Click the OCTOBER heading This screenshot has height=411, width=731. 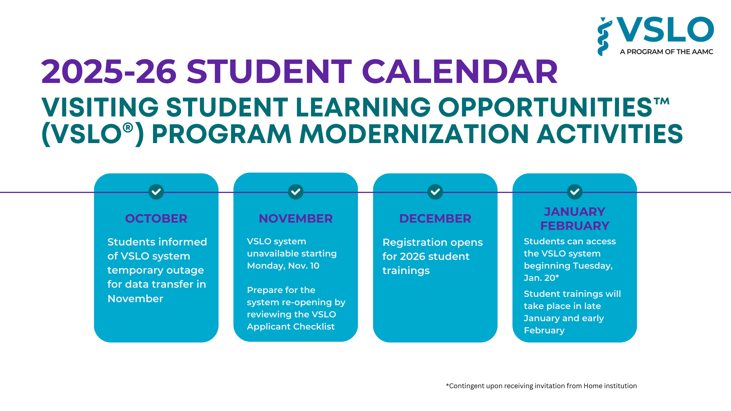click(156, 218)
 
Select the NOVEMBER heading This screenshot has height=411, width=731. click(295, 218)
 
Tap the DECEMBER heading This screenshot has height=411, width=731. click(435, 218)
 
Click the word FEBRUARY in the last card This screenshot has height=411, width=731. click(575, 226)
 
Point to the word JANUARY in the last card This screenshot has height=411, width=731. click(575, 212)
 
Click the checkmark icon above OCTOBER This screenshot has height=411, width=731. click(156, 192)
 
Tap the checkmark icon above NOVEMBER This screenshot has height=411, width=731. click(295, 192)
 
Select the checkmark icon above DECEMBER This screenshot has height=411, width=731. click(435, 192)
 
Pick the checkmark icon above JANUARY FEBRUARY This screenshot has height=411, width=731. click(575, 192)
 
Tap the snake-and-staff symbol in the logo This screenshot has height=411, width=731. click(604, 37)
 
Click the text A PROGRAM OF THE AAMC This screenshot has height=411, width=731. click(666, 52)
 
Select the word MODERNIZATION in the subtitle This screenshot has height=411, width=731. click(414, 134)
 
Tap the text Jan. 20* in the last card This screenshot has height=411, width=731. click(541, 278)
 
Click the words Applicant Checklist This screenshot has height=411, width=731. click(290, 327)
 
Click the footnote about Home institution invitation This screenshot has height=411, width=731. click(541, 386)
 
